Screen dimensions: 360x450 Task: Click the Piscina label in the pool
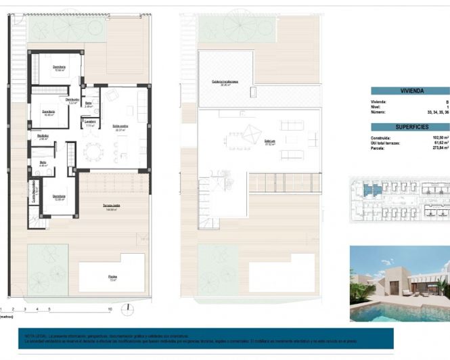point(112,276)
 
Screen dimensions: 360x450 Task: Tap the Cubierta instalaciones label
point(225,82)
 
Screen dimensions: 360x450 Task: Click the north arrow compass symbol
point(127,309)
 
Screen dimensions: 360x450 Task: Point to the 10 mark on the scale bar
point(110,309)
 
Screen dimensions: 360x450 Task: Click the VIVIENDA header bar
point(410,90)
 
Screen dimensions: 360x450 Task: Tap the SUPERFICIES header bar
point(410,127)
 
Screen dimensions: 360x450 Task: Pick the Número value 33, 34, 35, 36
point(437,112)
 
